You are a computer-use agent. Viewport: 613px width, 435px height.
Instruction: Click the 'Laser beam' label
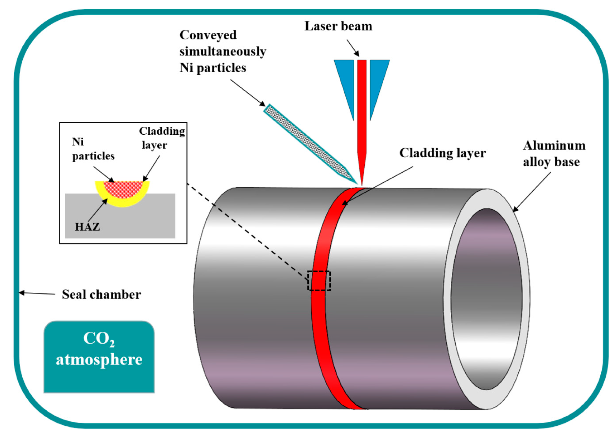(x=338, y=26)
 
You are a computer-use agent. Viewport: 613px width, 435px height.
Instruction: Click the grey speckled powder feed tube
(x=308, y=142)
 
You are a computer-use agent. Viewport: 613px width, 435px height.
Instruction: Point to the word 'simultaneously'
(x=223, y=51)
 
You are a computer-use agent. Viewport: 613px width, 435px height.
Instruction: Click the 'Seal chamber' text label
(x=101, y=294)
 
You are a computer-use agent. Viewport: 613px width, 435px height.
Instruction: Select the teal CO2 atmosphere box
(x=99, y=356)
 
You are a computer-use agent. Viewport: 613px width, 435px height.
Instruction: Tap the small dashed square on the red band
(x=319, y=281)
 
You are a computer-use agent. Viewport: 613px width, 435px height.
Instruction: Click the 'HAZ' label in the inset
(x=87, y=227)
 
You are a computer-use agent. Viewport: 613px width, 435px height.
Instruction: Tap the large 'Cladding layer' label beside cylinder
(x=442, y=153)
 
